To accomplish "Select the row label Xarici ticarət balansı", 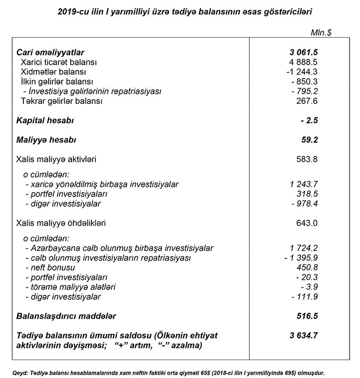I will [x=58, y=62].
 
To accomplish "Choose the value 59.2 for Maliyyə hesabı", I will [x=309, y=140].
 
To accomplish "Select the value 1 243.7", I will [x=303, y=184].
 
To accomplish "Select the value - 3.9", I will [x=308, y=287].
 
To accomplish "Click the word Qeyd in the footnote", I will [x=21, y=373].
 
